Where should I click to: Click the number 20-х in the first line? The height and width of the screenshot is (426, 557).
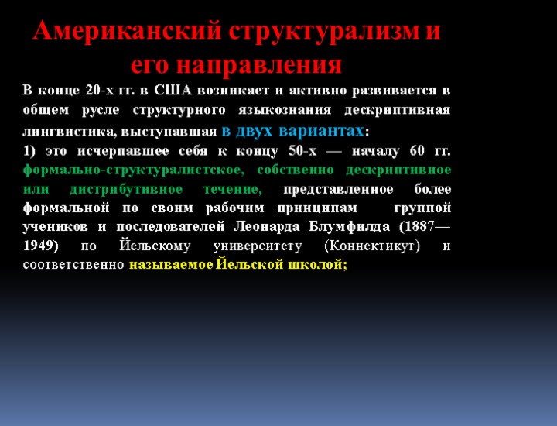[x=100, y=90]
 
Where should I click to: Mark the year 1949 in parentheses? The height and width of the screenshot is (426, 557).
[x=39, y=247]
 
